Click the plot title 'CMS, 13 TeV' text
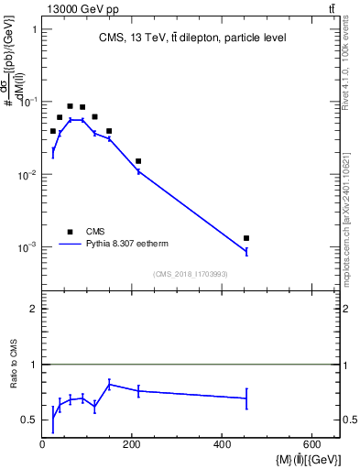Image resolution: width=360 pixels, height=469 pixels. pos(191,38)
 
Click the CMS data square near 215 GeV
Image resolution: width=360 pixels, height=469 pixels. pos(138,161)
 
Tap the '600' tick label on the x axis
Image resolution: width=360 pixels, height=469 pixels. pos(311,445)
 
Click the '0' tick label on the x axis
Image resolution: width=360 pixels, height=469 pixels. pos(42,445)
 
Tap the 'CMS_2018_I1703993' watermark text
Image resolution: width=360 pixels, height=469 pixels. pos(190,274)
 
